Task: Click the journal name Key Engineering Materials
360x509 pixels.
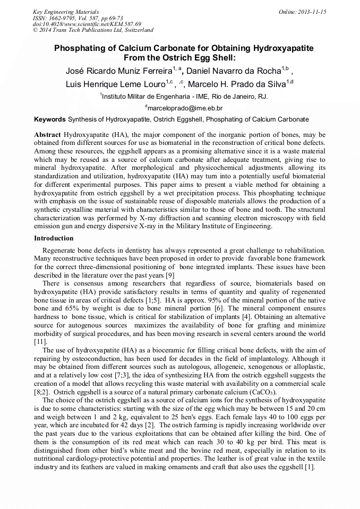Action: point(65,11)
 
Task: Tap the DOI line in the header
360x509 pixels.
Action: point(87,24)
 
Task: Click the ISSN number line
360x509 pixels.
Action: point(78,18)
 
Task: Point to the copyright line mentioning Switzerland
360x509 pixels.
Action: point(92,30)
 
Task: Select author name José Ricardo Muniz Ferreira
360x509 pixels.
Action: point(118,70)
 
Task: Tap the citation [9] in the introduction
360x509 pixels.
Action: point(170,275)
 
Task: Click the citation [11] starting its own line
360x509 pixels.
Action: point(40,342)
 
